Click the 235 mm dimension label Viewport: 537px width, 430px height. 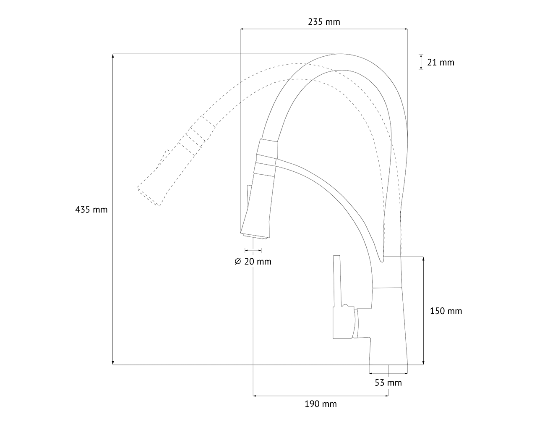tap(324, 22)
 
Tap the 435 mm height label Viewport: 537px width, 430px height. tap(91, 210)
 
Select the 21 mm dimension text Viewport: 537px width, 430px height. tap(441, 63)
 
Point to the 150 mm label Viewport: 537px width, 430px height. tap(446, 311)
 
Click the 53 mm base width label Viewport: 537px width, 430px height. tap(388, 383)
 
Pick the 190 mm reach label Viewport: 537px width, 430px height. tap(321, 404)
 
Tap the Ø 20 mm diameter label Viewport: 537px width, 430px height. tap(253, 262)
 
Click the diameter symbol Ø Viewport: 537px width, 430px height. tap(238, 262)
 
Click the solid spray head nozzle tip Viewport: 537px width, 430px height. tap(255, 236)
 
